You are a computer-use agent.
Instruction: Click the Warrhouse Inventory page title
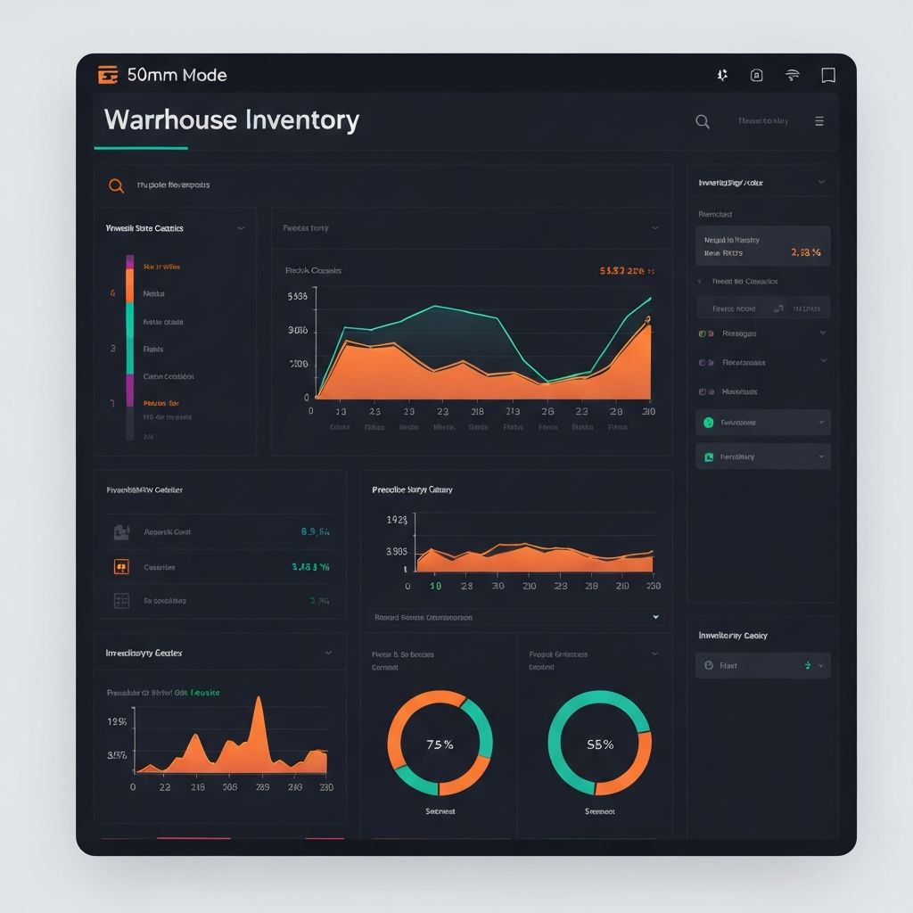[231, 120]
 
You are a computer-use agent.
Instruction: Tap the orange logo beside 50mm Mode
[108, 76]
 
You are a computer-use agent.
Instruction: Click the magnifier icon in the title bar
[703, 122]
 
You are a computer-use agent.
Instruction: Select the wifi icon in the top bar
[792, 76]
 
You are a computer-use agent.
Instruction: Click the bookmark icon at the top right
[828, 76]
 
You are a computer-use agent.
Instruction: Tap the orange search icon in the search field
[116, 185]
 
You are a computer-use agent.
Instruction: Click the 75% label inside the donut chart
[440, 744]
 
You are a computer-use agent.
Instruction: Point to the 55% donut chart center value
[599, 744]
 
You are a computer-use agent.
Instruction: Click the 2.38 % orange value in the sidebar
[805, 252]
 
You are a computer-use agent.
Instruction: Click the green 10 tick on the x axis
[436, 586]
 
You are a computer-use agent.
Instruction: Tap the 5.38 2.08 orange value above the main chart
[627, 270]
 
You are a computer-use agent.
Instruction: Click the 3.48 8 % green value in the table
[310, 566]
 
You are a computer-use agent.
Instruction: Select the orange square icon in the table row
[121, 566]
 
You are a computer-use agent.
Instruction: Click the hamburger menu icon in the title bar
[819, 122]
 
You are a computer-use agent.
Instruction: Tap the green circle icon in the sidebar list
[709, 423]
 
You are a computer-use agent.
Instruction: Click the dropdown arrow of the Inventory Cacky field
[820, 665]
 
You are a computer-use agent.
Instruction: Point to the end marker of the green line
[650, 299]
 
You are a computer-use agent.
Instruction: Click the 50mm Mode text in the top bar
[177, 76]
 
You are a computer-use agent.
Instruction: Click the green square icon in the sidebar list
[709, 456]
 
